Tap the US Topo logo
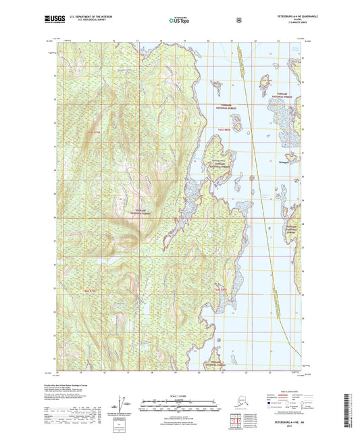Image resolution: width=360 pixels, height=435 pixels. click(180, 20)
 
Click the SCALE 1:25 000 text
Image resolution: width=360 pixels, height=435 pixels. click(180, 395)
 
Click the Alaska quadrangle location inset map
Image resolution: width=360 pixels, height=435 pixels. click(240, 400)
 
